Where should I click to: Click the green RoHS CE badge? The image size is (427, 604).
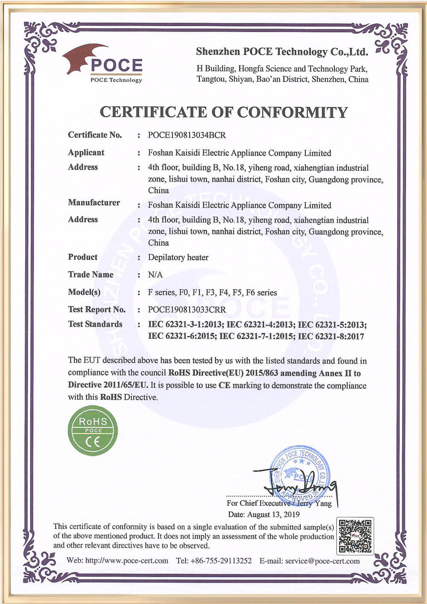(93, 431)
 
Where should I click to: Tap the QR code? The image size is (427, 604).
(355, 536)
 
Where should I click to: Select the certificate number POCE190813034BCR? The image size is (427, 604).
(187, 135)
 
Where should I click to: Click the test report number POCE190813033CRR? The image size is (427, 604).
(187, 309)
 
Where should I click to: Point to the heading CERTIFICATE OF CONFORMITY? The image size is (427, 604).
(223, 112)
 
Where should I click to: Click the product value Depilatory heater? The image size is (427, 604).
(178, 257)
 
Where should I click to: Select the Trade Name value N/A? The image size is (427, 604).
(155, 275)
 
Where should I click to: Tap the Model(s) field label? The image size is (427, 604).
(84, 292)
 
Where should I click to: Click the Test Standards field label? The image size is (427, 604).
(95, 324)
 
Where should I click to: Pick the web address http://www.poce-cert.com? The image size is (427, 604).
(126, 560)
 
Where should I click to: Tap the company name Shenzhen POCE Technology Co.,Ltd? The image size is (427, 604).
(282, 52)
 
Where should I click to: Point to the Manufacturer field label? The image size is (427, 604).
(94, 202)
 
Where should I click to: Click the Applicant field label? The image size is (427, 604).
(86, 152)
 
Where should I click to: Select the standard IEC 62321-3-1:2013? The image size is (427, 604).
(185, 324)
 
